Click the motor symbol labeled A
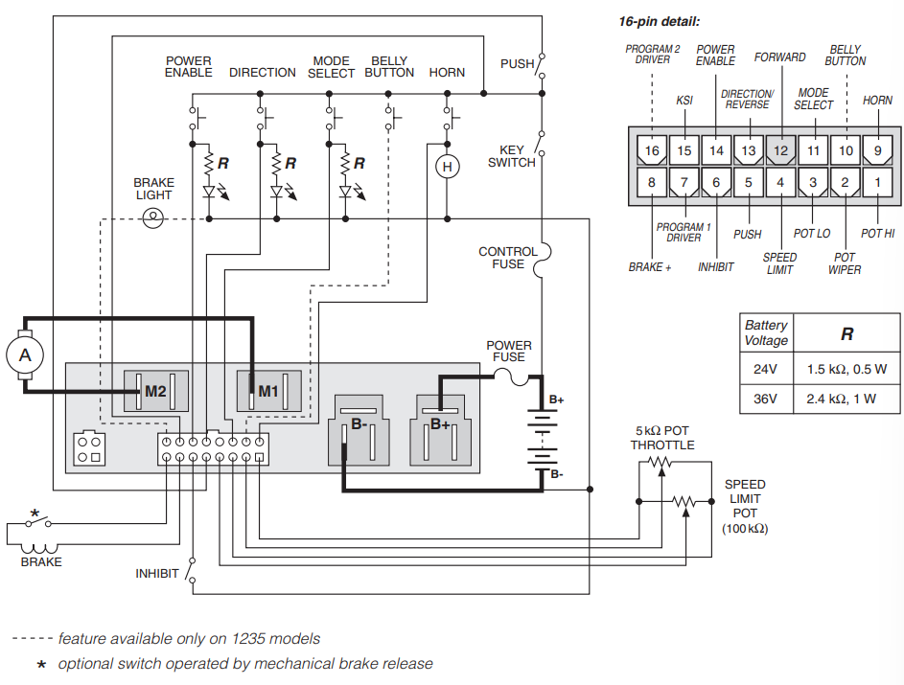(x=25, y=354)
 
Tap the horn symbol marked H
(x=447, y=167)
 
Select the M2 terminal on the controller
(x=155, y=391)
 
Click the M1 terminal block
(x=268, y=391)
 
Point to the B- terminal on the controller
(x=359, y=429)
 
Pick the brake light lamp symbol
(x=152, y=218)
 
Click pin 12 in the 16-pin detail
(x=780, y=150)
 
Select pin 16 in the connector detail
(x=652, y=150)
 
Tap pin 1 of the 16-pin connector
(x=877, y=183)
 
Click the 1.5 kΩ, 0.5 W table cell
(x=846, y=369)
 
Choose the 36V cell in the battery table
(x=766, y=399)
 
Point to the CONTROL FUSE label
(x=508, y=258)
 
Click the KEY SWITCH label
(x=511, y=156)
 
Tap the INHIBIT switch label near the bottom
(x=157, y=574)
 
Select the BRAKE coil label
(x=41, y=561)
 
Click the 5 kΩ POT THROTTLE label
(x=661, y=438)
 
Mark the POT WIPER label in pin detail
(x=845, y=263)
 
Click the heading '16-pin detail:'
(x=659, y=22)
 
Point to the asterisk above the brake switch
(x=35, y=514)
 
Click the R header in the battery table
(x=846, y=334)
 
